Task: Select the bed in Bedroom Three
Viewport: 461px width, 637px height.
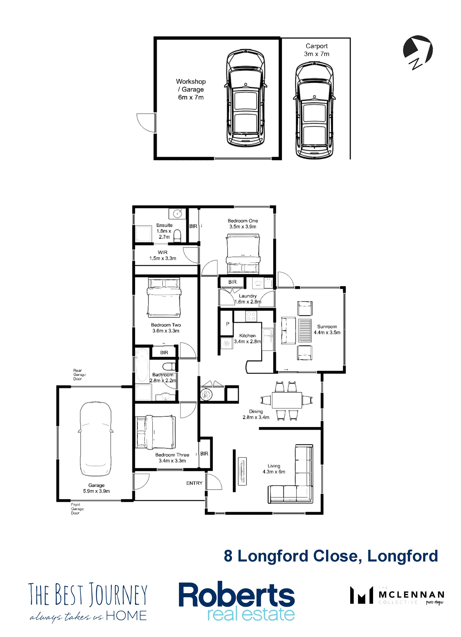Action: (x=155, y=433)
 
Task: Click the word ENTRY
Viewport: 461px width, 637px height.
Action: (x=194, y=483)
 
